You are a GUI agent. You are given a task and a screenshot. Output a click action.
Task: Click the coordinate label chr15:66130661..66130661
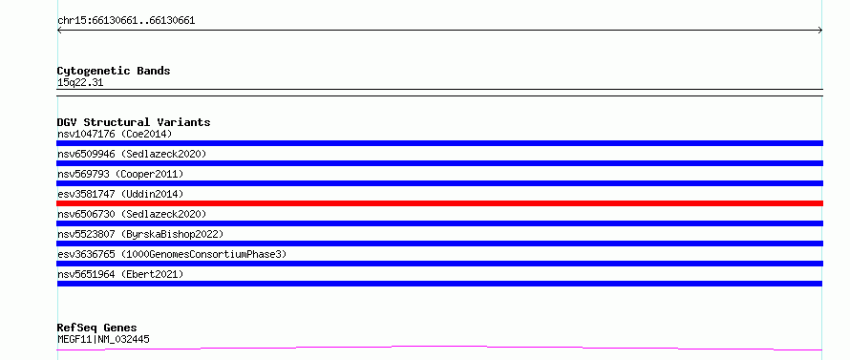[x=126, y=21]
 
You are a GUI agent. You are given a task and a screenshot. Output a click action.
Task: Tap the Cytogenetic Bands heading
[x=114, y=71]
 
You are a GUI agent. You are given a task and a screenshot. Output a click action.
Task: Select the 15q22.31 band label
[x=80, y=83]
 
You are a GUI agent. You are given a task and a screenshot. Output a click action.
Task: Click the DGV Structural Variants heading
[x=134, y=122]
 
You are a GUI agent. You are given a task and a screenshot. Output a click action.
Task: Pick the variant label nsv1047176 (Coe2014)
[x=115, y=134]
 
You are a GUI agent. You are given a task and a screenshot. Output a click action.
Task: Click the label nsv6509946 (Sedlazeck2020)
[x=132, y=154]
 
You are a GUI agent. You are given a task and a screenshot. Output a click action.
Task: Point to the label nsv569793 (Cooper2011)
[x=120, y=174]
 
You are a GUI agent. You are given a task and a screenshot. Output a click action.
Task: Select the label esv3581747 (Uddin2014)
[x=120, y=194]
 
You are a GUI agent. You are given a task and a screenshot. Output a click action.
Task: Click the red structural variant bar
[x=439, y=203]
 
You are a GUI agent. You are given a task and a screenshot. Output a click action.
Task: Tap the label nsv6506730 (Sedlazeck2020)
[x=132, y=214]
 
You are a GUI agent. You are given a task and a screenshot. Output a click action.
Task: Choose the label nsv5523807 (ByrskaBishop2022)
[x=140, y=234]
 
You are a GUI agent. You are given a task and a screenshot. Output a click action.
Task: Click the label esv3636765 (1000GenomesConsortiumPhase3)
[x=172, y=254]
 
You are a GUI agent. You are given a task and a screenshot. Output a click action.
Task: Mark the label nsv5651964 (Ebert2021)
[x=120, y=274]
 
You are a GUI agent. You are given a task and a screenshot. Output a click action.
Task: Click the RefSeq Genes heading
[x=97, y=328]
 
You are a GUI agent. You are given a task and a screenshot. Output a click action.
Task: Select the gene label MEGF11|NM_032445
[x=103, y=340]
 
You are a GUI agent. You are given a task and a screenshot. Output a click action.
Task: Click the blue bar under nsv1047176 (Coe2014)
[x=439, y=143]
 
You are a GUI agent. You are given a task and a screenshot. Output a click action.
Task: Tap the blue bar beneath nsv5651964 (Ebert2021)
[x=439, y=284]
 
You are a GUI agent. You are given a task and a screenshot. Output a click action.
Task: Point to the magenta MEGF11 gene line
[x=439, y=348]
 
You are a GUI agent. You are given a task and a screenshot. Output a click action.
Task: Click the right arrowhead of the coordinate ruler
[x=820, y=31]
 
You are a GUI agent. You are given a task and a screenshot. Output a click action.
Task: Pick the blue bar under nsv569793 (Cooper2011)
[x=439, y=183]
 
